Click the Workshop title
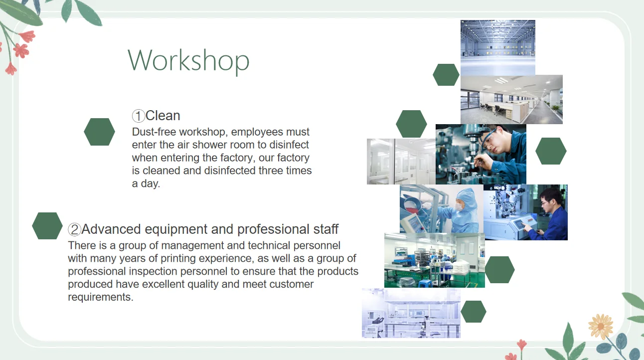click(x=188, y=61)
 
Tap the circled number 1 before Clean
click(x=138, y=116)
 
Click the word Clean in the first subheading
click(x=162, y=116)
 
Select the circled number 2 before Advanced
click(x=74, y=230)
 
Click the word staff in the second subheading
click(x=325, y=229)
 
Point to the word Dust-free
click(x=154, y=132)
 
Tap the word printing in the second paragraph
click(x=178, y=258)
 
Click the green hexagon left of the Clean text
click(x=100, y=132)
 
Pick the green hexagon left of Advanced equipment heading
click(x=47, y=226)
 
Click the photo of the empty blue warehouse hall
click(x=497, y=47)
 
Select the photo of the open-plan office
click(x=511, y=100)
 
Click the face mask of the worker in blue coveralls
click(x=459, y=207)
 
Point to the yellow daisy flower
click(x=601, y=327)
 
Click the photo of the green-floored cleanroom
click(x=435, y=260)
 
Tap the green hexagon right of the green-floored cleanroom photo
click(x=499, y=270)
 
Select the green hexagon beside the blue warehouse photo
click(x=446, y=75)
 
